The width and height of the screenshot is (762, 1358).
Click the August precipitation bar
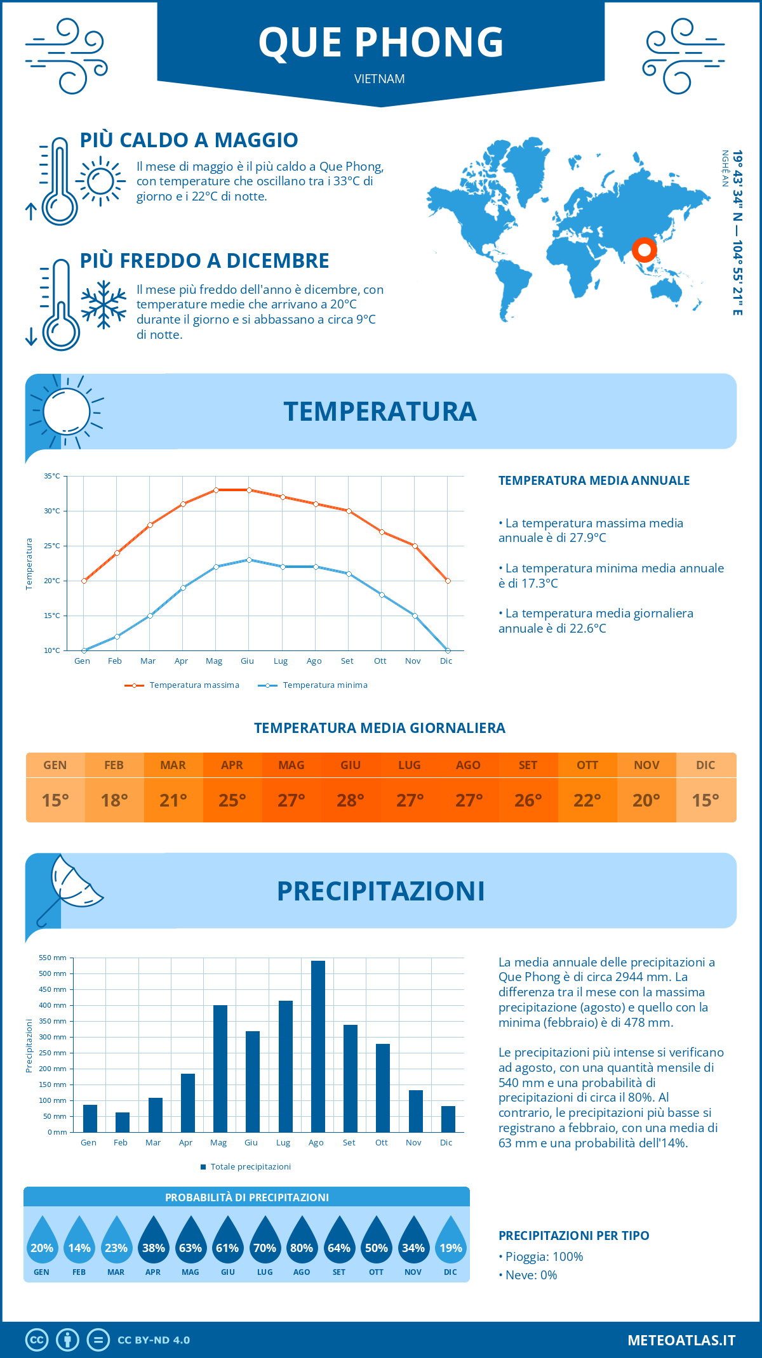318,1047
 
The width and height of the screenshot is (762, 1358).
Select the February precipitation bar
123,1122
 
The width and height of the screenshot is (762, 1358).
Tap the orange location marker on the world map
644,250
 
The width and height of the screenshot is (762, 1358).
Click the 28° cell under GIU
351,800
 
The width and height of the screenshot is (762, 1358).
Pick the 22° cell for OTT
587,800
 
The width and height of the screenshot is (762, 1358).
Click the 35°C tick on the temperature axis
52,476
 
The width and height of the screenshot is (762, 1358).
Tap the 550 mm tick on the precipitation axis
53,958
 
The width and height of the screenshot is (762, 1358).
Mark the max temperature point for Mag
216,490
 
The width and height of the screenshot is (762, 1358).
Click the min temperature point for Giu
249,560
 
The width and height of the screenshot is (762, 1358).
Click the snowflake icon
104,305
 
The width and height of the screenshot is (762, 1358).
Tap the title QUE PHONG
381,42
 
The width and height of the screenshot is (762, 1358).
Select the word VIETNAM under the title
380,79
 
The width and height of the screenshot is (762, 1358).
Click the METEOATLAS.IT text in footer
681,1340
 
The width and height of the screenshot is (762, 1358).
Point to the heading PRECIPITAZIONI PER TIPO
573,1236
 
